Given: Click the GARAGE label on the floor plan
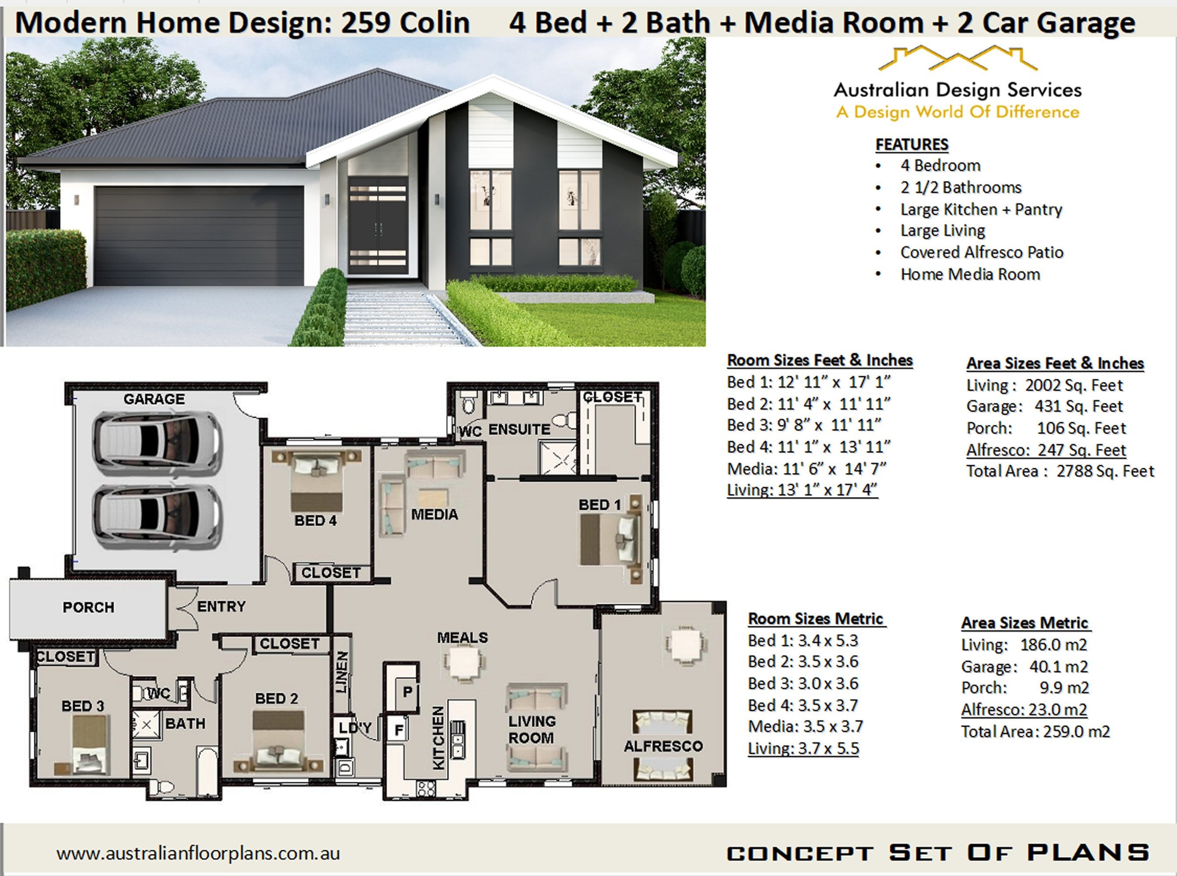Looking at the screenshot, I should point(154,399).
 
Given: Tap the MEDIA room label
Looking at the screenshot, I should point(434,514).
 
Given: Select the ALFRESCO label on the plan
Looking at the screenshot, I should point(663,746).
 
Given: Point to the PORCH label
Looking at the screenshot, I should point(88,607).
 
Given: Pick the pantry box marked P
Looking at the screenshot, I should point(407,692).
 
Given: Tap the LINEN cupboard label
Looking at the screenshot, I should point(342,672).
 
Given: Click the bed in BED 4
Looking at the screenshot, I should point(316,480).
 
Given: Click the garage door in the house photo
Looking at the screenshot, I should point(199,236).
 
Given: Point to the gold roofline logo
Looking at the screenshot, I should point(958,60).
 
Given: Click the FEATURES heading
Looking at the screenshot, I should point(912,144).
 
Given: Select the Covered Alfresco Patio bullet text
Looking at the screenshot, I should point(981,252).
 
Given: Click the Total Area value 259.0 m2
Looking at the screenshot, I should point(1076,732).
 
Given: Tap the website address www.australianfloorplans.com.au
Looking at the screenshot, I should point(198,853).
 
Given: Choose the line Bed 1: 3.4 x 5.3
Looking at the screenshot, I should point(803,640).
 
